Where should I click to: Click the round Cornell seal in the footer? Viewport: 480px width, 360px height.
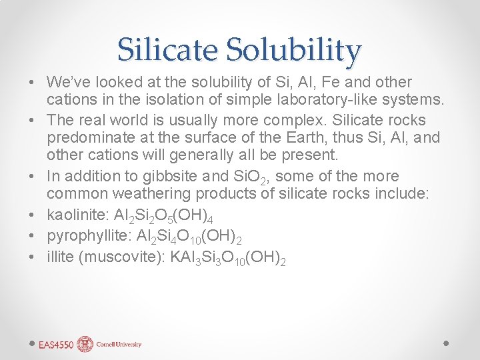pyautogui.click(x=85, y=344)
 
